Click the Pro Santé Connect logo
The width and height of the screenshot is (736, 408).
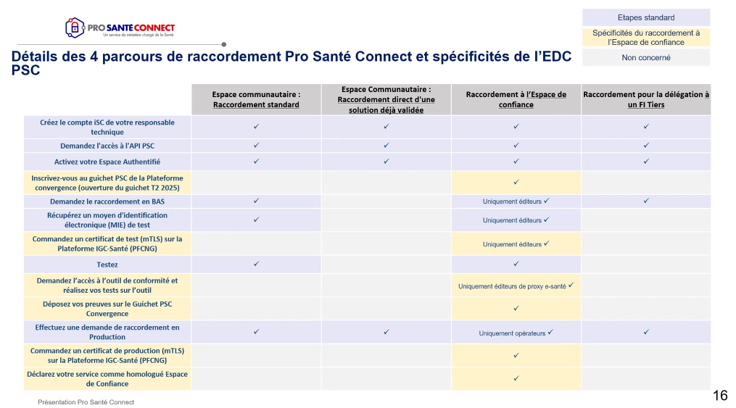point(120,28)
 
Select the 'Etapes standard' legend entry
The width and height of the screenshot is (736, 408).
point(646,18)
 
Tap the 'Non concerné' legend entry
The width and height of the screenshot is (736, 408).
point(646,58)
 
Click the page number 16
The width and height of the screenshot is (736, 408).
point(720,396)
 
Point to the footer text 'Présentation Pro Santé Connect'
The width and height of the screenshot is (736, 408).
point(86,402)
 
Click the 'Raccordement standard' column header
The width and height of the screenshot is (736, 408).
point(256,99)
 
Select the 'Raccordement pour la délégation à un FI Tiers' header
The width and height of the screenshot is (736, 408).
point(646,99)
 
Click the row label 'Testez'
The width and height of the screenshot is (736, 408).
point(107,265)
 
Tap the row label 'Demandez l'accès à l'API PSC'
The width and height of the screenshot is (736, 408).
point(107,146)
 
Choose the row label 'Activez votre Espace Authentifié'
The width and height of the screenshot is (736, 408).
point(107,162)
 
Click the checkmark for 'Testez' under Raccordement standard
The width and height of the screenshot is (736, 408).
point(256,264)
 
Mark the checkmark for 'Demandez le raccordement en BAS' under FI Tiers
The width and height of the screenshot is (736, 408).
point(646,201)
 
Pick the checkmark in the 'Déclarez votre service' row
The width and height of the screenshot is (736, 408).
point(516,378)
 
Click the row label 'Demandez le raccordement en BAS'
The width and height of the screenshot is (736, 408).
point(107,201)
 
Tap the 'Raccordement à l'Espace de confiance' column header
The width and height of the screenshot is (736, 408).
point(516,99)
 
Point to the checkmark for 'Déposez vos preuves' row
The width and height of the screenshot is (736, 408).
point(516,308)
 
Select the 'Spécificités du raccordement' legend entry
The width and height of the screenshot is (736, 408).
point(646,38)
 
